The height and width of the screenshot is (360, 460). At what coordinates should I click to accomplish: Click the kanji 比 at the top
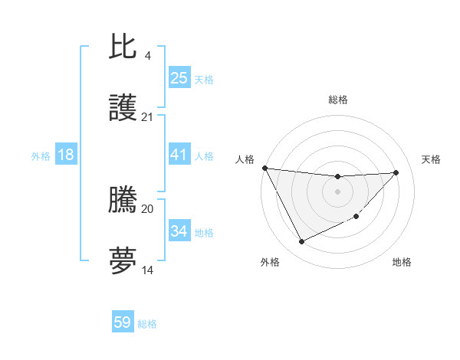123,47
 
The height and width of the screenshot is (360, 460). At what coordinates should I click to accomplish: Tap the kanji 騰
123,201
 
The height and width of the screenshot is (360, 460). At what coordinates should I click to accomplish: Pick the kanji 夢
123,260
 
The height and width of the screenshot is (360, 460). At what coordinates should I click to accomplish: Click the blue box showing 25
179,77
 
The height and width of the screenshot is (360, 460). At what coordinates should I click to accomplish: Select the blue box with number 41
179,155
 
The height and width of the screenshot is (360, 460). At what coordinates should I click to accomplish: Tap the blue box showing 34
179,231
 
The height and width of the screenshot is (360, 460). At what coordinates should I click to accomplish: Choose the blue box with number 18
66,155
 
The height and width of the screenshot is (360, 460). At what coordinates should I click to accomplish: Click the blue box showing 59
122,322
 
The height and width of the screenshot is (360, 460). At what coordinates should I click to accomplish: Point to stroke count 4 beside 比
147,56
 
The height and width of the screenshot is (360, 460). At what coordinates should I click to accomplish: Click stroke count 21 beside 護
147,117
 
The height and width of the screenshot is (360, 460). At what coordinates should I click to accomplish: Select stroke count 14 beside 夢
147,270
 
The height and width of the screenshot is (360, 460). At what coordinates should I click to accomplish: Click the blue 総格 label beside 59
147,324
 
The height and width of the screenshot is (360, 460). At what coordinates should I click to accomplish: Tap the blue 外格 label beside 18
41,155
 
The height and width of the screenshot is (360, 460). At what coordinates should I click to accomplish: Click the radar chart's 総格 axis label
337,100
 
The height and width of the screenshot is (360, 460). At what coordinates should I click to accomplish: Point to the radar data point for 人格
264,168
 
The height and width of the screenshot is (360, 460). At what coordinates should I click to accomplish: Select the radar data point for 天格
396,172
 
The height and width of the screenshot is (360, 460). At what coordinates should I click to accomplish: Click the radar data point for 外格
301,242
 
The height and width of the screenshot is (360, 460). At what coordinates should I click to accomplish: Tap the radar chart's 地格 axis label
402,262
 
